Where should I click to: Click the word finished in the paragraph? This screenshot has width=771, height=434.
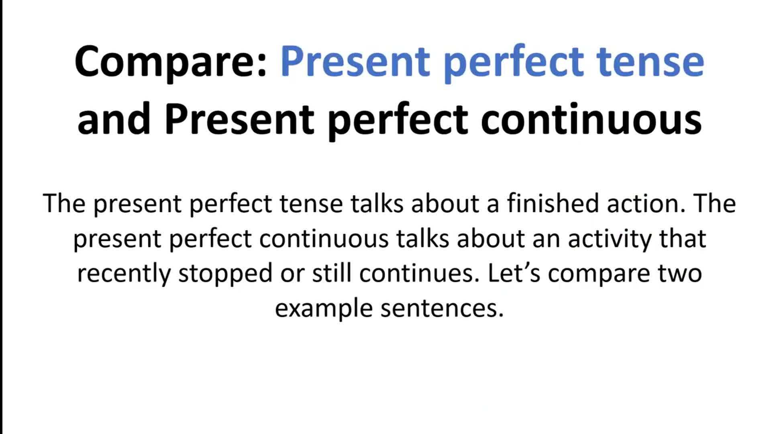pos(553,203)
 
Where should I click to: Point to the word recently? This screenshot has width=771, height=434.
pos(124,274)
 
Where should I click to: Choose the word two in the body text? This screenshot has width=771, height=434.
pos(679,273)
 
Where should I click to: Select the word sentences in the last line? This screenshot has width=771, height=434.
pos(442,309)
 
